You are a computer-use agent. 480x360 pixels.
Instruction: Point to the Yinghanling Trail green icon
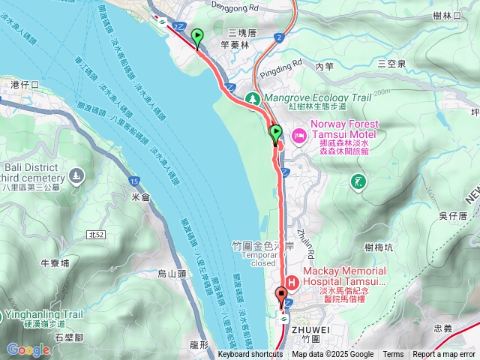4,315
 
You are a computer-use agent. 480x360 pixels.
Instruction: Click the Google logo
28,349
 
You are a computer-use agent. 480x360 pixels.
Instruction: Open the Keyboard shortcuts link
250,355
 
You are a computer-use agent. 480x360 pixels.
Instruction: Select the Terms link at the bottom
393,355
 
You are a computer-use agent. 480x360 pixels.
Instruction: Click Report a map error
444,355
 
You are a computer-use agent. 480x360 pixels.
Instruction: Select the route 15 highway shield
133,181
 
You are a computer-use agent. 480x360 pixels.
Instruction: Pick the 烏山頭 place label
172,274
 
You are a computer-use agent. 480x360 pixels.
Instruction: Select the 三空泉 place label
391,64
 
